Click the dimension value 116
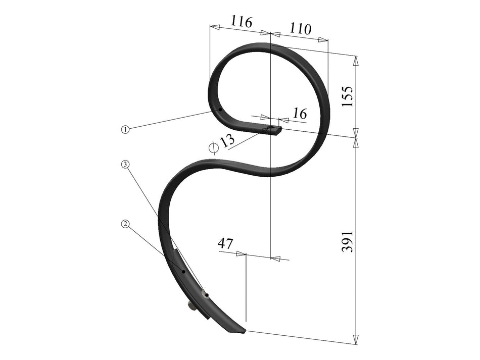tap(241, 22)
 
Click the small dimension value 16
tap(300, 114)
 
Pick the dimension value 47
tap(225, 243)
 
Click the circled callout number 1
tap(125, 129)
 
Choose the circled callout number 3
tap(124, 164)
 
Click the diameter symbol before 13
tap(213, 147)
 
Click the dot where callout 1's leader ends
tap(220, 108)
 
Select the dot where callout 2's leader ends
tap(184, 271)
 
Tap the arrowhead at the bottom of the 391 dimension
tap(356, 339)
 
